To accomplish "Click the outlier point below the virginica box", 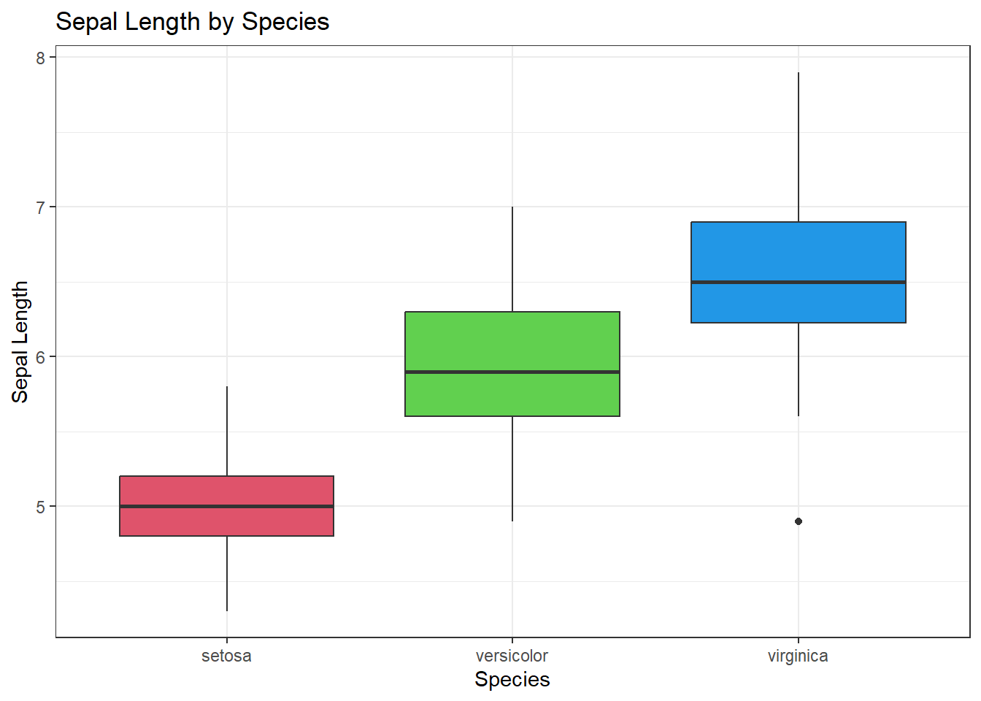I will tap(799, 521).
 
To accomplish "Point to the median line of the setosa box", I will tap(226, 506).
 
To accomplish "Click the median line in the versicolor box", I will tap(512, 372).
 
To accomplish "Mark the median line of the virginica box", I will tap(798, 282).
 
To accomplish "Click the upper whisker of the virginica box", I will tap(799, 146).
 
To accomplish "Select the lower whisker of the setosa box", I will tap(227, 573).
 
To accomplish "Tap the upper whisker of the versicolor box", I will tap(512, 259).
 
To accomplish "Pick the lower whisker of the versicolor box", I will tap(512, 468).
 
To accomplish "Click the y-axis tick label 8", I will tap(41, 58).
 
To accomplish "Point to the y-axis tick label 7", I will tap(41, 207).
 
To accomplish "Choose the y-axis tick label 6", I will tap(41, 357).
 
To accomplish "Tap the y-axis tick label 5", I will tap(41, 507).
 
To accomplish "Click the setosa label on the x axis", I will tap(226, 656).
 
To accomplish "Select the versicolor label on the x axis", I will tap(512, 656).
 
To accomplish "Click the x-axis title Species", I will tap(512, 679).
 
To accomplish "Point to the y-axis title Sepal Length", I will tap(20, 342).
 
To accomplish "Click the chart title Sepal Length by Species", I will tap(193, 22).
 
